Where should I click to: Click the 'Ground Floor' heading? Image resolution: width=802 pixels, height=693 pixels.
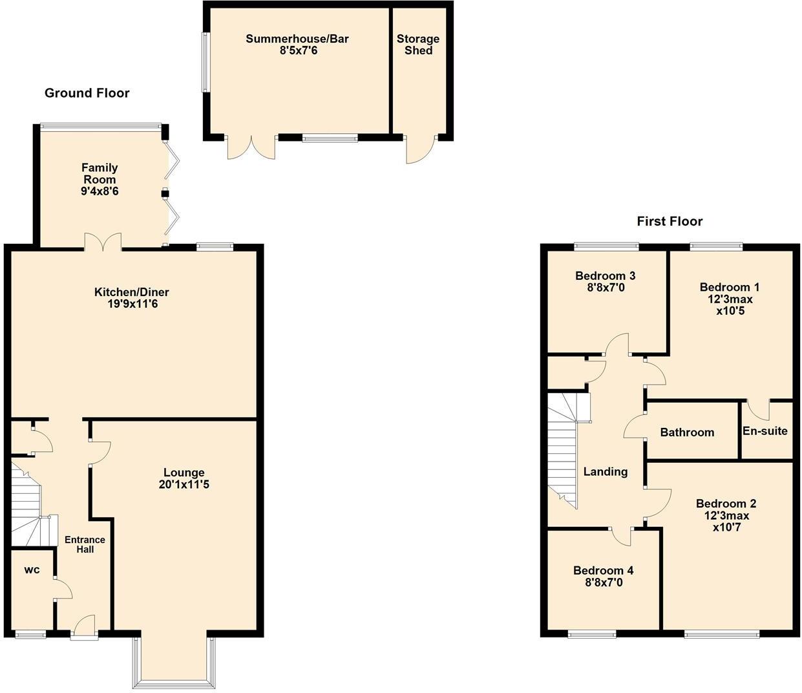pos(87,93)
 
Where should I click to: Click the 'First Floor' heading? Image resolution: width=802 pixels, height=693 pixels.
pos(670,222)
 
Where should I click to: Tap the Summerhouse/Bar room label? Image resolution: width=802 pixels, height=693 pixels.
pos(297,39)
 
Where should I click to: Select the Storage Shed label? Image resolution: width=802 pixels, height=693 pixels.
pos(418,45)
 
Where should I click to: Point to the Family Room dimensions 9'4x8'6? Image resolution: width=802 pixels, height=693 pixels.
pos(100,191)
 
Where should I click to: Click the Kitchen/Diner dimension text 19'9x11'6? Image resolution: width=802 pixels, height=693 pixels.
pos(132,304)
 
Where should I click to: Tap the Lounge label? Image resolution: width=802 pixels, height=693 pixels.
pos(184,473)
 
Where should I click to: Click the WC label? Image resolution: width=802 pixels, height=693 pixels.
pos(32,570)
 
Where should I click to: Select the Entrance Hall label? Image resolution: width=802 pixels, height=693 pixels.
pos(85,544)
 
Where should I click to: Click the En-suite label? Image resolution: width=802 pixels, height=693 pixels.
pos(765,431)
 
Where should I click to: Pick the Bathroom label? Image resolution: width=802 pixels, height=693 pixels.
pos(687,432)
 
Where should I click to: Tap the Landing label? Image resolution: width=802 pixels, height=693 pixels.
pos(605,472)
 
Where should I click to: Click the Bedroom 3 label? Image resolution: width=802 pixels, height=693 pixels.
pos(605,276)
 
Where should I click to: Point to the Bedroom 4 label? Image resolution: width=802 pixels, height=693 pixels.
pos(603,570)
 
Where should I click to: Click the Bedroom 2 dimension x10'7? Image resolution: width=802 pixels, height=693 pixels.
pos(726,528)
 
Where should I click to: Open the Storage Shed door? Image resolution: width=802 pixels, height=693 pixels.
pos(419,150)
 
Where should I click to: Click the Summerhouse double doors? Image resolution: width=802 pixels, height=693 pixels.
pos(251,147)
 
